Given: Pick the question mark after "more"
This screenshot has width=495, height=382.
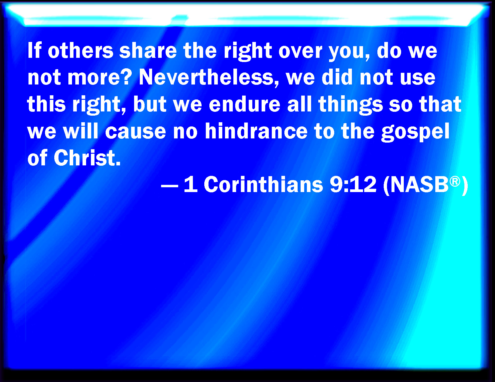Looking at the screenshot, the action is click(127, 77).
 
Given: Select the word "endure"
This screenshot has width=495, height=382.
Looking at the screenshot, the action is click(244, 104).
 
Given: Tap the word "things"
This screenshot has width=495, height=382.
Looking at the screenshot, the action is click(351, 105).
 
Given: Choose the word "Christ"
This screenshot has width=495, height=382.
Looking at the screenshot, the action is click(87, 158).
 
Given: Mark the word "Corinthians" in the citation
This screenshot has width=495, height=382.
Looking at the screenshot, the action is click(263, 184).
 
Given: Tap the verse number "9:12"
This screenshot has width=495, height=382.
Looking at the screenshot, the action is click(353, 184).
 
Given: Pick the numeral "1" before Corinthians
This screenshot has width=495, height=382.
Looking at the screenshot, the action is click(191, 184).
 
